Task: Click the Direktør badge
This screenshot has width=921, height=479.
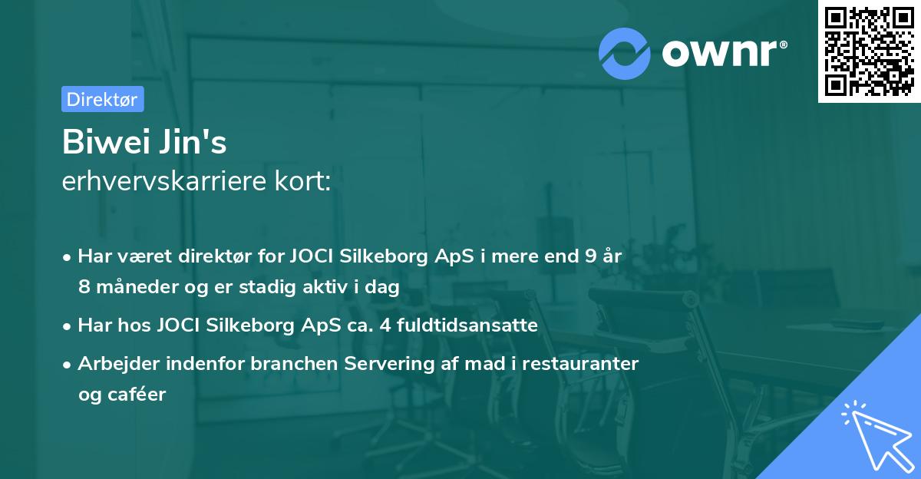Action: (102, 99)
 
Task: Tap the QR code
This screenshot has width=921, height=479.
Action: (868, 51)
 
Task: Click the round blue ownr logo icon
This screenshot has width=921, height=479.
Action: (625, 53)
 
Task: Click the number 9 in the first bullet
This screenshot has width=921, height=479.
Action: (588, 256)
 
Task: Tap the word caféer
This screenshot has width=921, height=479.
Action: (139, 395)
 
